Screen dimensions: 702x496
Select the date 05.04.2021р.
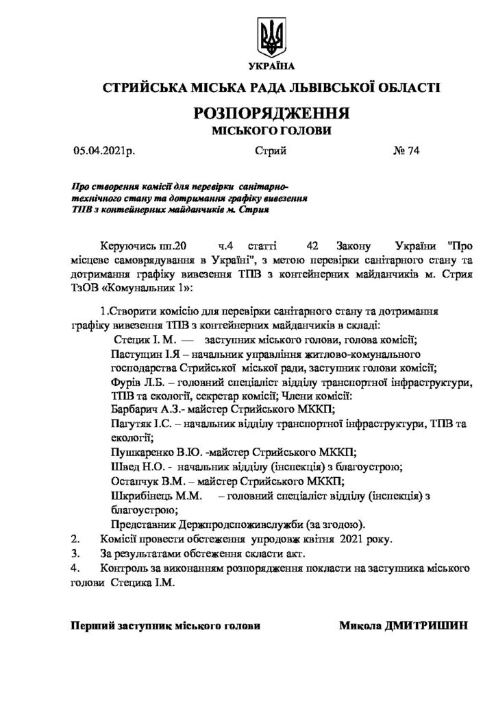pyautogui.click(x=103, y=152)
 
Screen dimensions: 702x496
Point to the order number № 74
pyautogui.click(x=404, y=152)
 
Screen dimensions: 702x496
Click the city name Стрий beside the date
pyautogui.click(x=270, y=152)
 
